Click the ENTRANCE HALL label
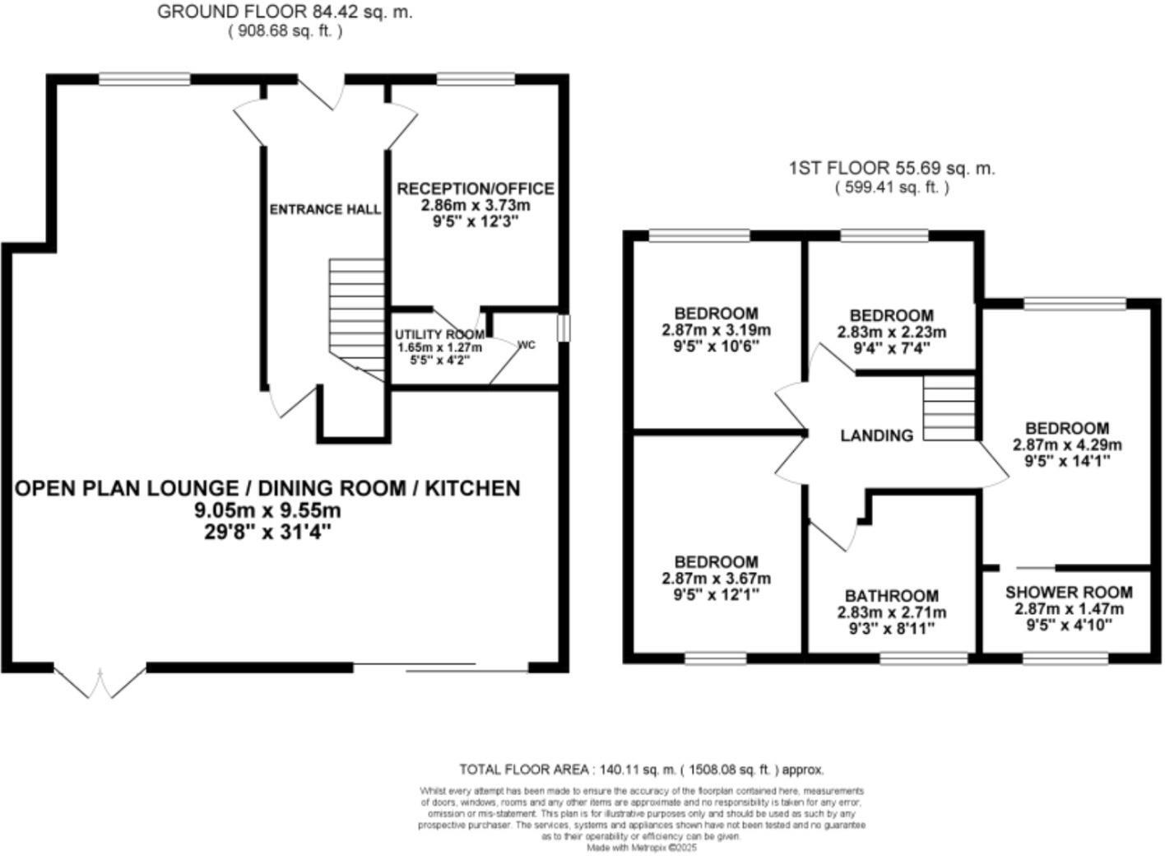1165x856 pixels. click(x=325, y=209)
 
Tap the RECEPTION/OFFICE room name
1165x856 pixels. click(x=476, y=188)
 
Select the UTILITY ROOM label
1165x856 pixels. click(x=439, y=335)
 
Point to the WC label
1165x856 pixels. click(x=527, y=345)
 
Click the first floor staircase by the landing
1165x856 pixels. click(x=948, y=408)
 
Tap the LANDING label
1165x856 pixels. click(x=876, y=435)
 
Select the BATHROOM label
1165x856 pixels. click(x=891, y=596)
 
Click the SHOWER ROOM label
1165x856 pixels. click(x=1068, y=593)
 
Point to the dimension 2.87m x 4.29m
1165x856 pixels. click(x=1067, y=444)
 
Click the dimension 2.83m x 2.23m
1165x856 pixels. click(x=891, y=333)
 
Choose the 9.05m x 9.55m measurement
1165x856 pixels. click(x=267, y=510)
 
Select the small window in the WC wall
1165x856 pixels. click(x=563, y=328)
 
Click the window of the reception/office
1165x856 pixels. click(x=476, y=79)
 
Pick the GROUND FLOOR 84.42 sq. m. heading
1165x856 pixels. click(x=285, y=12)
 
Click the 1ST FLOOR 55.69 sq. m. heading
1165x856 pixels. click(x=892, y=169)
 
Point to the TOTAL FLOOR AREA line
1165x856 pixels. click(x=641, y=770)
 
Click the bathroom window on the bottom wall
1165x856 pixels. click(x=923, y=658)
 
